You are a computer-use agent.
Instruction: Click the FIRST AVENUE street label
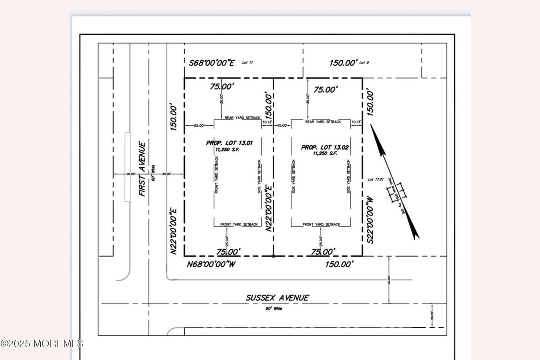coord(142,169)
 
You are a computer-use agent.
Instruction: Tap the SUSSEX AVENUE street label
coord(277,298)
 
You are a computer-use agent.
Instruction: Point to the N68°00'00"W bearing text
coord(211,264)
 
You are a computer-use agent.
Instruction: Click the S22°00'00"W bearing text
coord(370,219)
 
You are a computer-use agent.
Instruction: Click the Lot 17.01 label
coord(375,180)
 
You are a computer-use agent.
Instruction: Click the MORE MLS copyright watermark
coord(42,343)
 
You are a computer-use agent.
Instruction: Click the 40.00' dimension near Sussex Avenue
coord(389,280)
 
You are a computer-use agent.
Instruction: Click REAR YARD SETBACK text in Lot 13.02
coord(323,122)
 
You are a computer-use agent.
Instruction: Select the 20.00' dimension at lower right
coord(432,316)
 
